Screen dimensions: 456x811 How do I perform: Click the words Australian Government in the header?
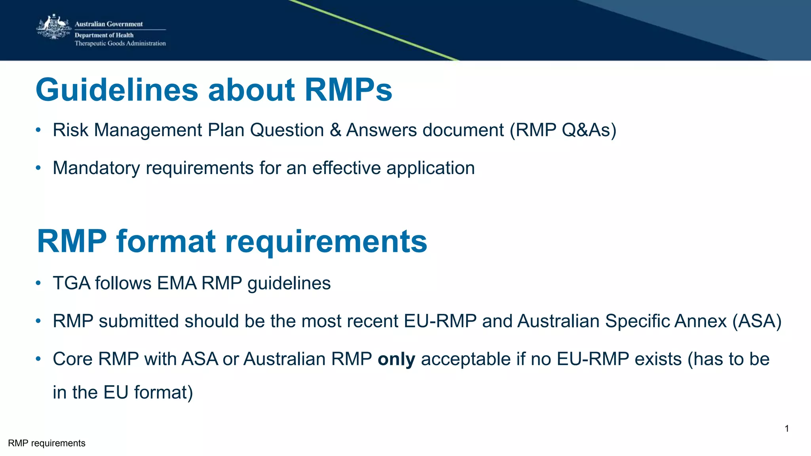[109, 24]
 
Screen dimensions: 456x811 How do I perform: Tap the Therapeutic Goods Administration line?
[120, 44]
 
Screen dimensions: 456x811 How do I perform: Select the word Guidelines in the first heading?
[117, 90]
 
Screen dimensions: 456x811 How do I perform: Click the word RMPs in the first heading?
[348, 90]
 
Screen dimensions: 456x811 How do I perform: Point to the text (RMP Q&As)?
[563, 130]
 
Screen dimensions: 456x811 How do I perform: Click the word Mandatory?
[96, 168]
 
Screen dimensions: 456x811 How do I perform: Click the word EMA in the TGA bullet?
[177, 283]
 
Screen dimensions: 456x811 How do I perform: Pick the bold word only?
[396, 360]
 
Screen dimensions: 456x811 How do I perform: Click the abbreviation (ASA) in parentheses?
[757, 321]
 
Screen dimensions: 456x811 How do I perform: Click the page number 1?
[786, 429]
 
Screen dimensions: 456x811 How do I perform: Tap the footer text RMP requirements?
[47, 443]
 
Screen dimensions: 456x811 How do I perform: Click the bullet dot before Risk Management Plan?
[38, 130]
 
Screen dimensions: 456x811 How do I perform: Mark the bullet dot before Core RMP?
[38, 359]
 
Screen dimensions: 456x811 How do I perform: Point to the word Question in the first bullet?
[287, 130]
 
